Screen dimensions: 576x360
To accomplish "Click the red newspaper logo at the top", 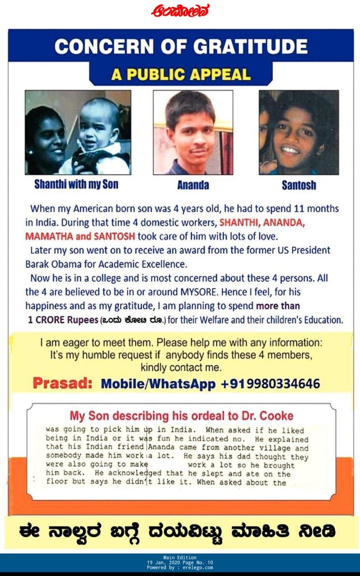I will [180, 10].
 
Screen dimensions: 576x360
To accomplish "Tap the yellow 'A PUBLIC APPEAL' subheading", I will [181, 74].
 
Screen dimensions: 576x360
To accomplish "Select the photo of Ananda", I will [193, 132].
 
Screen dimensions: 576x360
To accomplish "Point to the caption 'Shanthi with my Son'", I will [76, 184].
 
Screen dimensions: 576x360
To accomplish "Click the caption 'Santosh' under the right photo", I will [299, 185].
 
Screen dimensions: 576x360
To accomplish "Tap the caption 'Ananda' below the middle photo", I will [193, 185].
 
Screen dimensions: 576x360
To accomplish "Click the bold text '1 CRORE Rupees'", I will [63, 320].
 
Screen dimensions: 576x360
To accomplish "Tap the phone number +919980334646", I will [270, 384].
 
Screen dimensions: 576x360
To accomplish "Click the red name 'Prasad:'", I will [63, 384].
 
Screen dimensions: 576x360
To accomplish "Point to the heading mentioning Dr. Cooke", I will [181, 415].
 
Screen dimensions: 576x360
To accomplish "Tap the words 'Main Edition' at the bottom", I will [180, 558].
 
